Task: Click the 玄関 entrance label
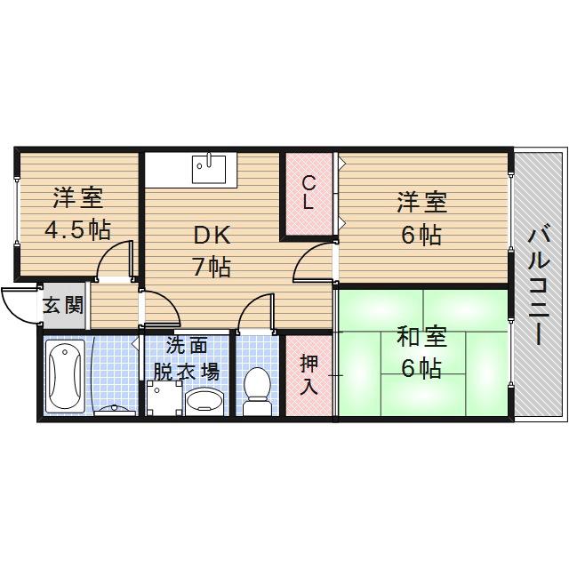(63, 307)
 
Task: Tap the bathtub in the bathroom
(65, 375)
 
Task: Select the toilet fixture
(256, 391)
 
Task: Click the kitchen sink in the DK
(211, 168)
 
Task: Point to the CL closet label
(308, 192)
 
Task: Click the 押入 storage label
(308, 373)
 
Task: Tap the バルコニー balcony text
(537, 285)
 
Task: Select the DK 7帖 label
(212, 251)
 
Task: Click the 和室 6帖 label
(420, 353)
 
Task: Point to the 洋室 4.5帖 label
(78, 212)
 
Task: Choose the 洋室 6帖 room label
(421, 218)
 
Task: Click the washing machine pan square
(163, 399)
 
